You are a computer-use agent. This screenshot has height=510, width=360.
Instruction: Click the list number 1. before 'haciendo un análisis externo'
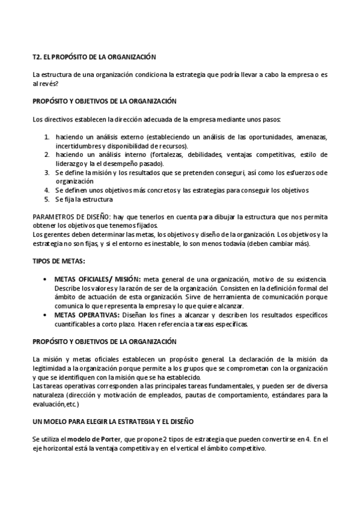(47, 137)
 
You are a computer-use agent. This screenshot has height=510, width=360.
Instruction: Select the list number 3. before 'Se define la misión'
(47, 172)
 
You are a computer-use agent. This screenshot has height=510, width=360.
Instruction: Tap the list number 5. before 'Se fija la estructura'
(47, 199)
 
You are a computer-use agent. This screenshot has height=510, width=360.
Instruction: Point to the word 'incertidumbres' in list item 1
(74, 146)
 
